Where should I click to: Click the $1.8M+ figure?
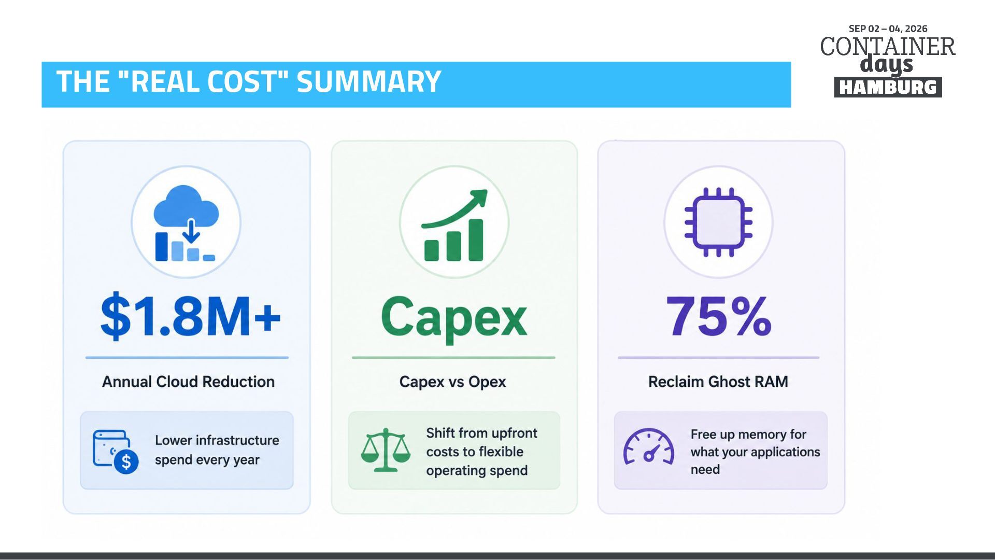pyautogui.click(x=190, y=316)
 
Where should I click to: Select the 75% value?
pyautogui.click(x=719, y=316)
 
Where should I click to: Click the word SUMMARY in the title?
pyautogui.click(x=368, y=81)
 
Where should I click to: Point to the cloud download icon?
pyautogui.click(x=186, y=223)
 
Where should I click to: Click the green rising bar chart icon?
pyautogui.click(x=454, y=225)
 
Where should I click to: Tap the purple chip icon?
pyautogui.click(x=718, y=222)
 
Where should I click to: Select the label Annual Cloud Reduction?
pyautogui.click(x=188, y=382)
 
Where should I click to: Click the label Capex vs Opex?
pyautogui.click(x=452, y=382)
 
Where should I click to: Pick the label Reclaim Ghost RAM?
pyautogui.click(x=718, y=382)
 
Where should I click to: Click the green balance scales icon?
pyautogui.click(x=386, y=450)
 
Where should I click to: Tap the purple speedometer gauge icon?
pyautogui.click(x=648, y=446)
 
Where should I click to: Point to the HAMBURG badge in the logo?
pyautogui.click(x=888, y=87)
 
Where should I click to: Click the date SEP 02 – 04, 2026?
pyautogui.click(x=888, y=29)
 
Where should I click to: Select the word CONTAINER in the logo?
pyautogui.click(x=888, y=47)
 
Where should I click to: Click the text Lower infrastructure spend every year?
pyautogui.click(x=217, y=450)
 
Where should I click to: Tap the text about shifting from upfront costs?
pyautogui.click(x=481, y=452)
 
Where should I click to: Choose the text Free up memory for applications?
pyautogui.click(x=755, y=452)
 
